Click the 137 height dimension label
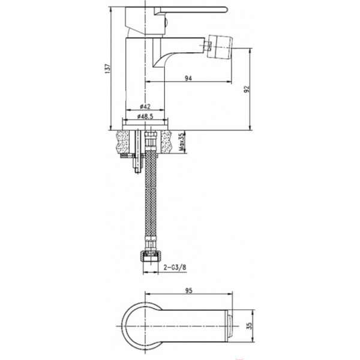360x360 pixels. point(107,68)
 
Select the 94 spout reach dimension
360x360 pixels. point(188,78)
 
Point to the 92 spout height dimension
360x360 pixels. point(247,89)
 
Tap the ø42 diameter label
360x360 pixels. point(145,107)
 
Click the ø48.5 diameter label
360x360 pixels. point(145,116)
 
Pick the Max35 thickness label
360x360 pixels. point(181,142)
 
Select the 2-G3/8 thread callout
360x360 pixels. point(175,267)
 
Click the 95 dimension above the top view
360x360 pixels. point(188,290)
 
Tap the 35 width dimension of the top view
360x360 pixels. point(250,326)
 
